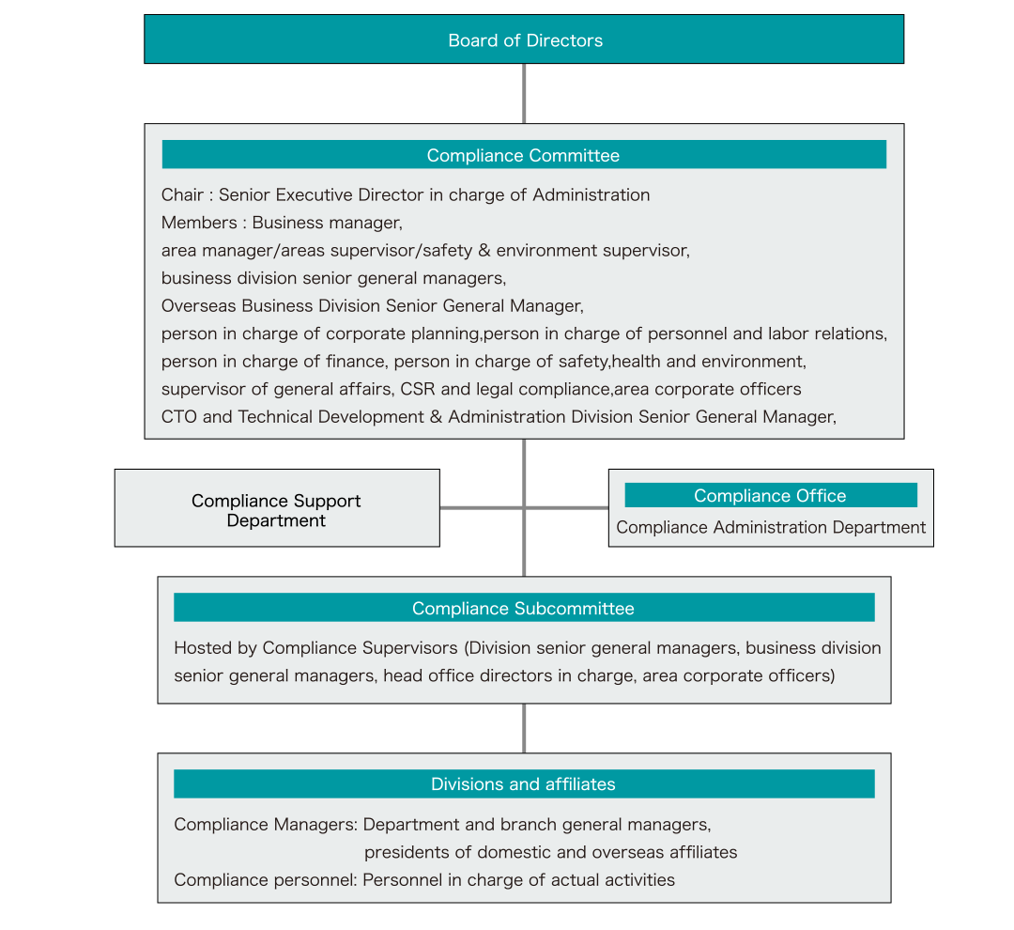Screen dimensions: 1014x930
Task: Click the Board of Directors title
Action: click(525, 40)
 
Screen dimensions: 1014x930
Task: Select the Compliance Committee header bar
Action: click(524, 155)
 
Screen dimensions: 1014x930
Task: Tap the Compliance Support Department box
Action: click(277, 508)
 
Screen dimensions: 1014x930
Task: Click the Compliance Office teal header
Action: click(770, 495)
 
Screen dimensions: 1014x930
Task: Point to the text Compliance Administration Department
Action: click(771, 527)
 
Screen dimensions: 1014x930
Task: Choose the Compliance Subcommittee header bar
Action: click(524, 608)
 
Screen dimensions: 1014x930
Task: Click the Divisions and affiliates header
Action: click(524, 783)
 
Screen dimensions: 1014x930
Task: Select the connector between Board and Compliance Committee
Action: click(524, 94)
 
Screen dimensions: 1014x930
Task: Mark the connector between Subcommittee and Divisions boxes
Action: click(524, 728)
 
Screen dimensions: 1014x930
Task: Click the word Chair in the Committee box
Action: click(182, 194)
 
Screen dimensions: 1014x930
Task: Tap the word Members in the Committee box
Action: click(199, 223)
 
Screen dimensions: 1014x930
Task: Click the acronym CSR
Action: click(418, 389)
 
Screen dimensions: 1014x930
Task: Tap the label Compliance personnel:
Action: click(266, 880)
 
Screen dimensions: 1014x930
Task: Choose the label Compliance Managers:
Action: click(266, 825)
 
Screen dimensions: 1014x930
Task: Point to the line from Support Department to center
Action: click(482, 508)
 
